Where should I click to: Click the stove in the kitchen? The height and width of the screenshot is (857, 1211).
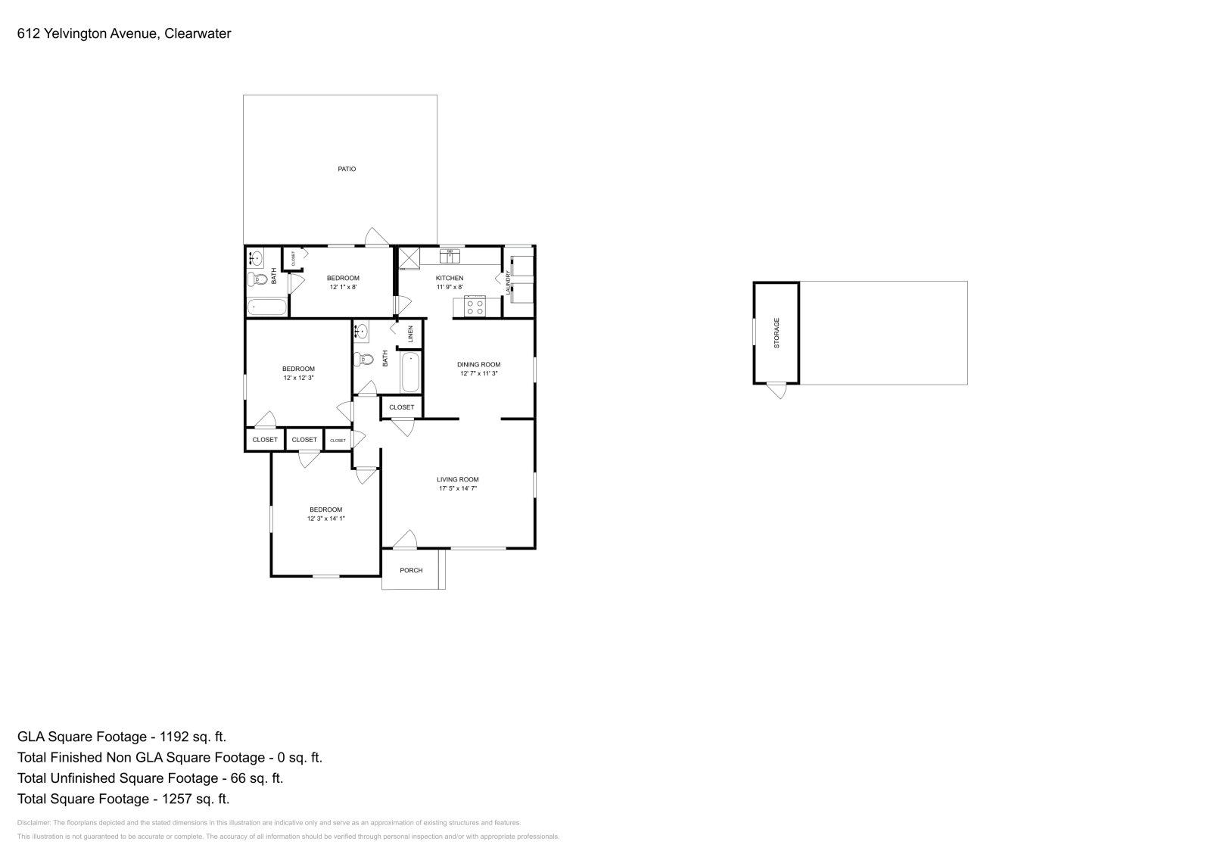475,307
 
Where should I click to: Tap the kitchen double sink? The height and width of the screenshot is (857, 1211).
451,256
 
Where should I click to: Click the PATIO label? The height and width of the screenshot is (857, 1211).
347,169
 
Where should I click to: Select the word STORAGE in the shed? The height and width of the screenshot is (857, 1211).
777,332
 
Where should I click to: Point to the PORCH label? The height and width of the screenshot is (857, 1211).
411,570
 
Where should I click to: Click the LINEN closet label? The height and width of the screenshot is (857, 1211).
410,333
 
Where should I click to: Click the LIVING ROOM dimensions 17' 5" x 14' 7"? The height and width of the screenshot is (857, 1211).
458,489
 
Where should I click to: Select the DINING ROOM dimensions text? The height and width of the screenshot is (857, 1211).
479,373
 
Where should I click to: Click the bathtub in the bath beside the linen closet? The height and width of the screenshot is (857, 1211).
410,372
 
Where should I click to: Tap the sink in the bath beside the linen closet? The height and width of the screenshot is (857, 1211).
362,331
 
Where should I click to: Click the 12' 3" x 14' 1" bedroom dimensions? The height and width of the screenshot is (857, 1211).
325,519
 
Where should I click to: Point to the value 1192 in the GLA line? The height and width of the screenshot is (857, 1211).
170,737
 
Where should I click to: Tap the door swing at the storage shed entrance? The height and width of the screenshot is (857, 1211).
777,390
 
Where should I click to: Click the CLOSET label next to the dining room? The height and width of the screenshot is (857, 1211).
401,407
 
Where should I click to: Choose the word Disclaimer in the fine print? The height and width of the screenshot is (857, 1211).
33,822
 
